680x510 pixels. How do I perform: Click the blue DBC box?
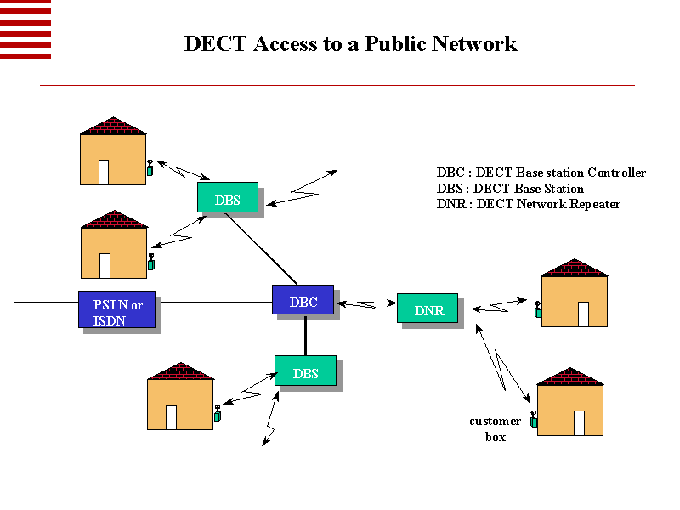[x=303, y=300]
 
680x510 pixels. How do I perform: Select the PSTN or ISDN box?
[x=117, y=310]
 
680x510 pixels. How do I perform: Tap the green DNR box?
[x=428, y=309]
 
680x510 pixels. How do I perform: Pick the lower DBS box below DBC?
[x=305, y=371]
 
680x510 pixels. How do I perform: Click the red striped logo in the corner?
[x=25, y=30]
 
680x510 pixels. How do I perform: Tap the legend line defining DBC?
[x=541, y=173]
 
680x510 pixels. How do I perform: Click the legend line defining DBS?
[x=510, y=189]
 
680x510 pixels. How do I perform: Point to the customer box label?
[x=495, y=428]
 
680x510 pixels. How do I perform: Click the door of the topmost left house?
[x=104, y=172]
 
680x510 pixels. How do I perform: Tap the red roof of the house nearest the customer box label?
[x=570, y=377]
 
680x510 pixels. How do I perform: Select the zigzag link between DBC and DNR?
[x=366, y=303]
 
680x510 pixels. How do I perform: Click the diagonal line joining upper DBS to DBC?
[x=262, y=249]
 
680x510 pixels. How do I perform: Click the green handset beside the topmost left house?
[x=150, y=168]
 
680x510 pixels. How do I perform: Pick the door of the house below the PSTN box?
[x=171, y=417]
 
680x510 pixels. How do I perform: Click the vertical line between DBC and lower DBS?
[x=305, y=335]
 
